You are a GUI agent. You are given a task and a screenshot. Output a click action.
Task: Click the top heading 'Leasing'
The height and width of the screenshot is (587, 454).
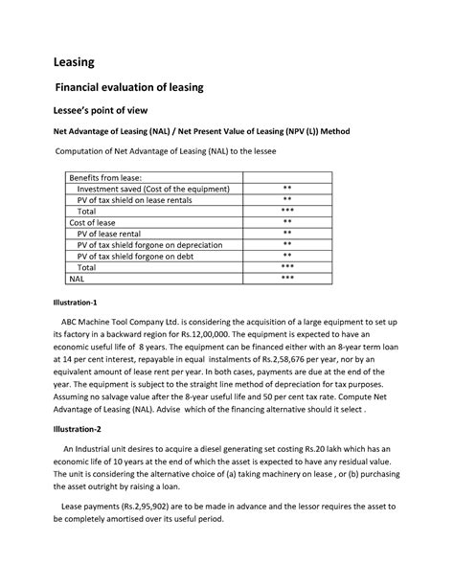[x=73, y=62]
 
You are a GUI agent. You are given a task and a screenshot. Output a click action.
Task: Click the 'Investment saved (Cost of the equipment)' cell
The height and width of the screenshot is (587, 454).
[x=154, y=189]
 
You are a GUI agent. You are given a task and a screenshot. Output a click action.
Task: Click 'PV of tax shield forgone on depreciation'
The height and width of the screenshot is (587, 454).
[x=157, y=244]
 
